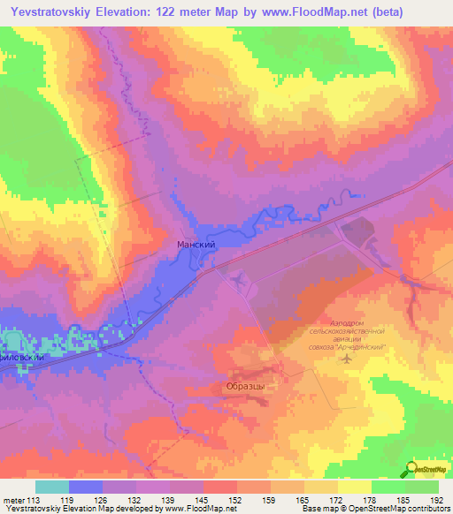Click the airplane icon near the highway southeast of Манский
[238, 280]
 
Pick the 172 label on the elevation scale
[326, 499]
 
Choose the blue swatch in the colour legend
[85, 487]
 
